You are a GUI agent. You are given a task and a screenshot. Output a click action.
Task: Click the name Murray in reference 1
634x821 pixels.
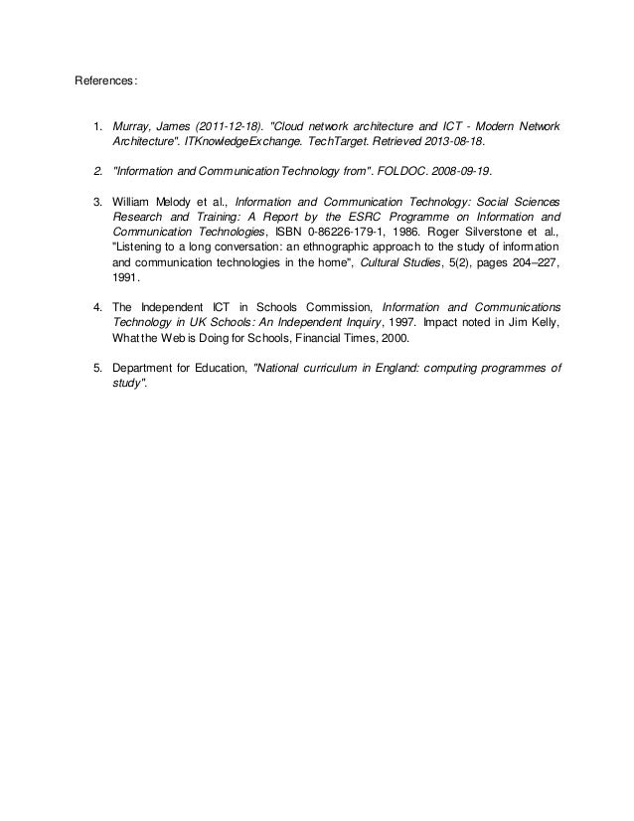click(131, 127)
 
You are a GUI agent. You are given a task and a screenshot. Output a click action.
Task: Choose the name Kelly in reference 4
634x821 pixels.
click(543, 322)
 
